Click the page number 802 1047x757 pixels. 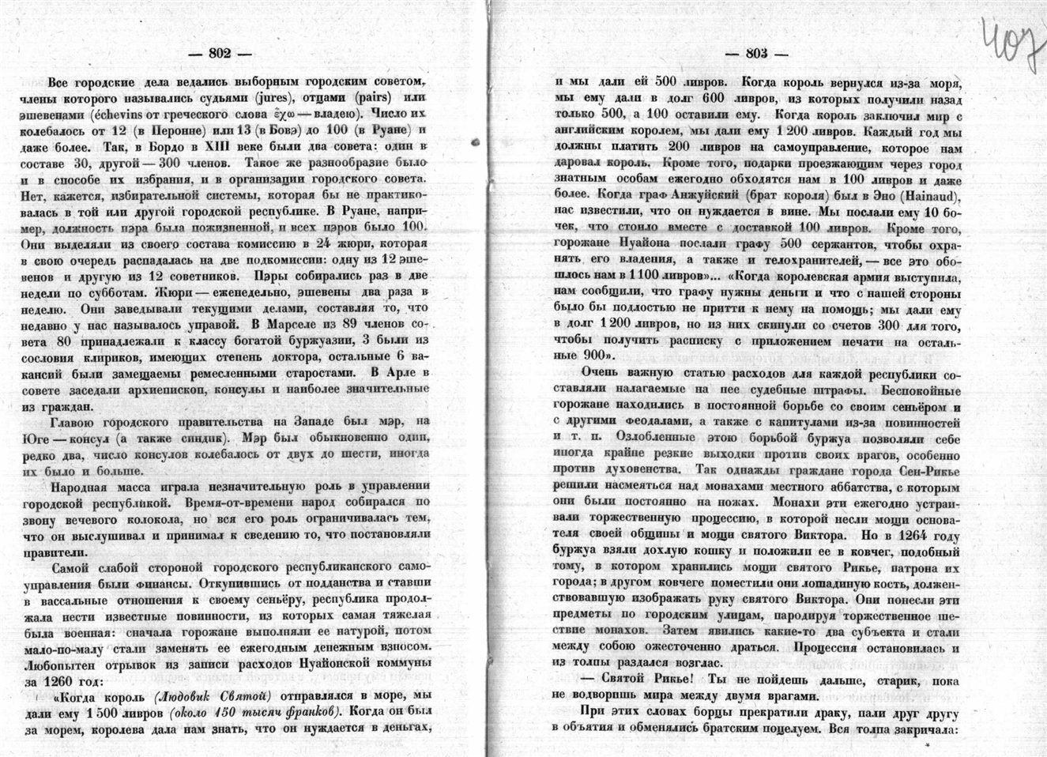219,54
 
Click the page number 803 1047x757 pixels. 756,54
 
